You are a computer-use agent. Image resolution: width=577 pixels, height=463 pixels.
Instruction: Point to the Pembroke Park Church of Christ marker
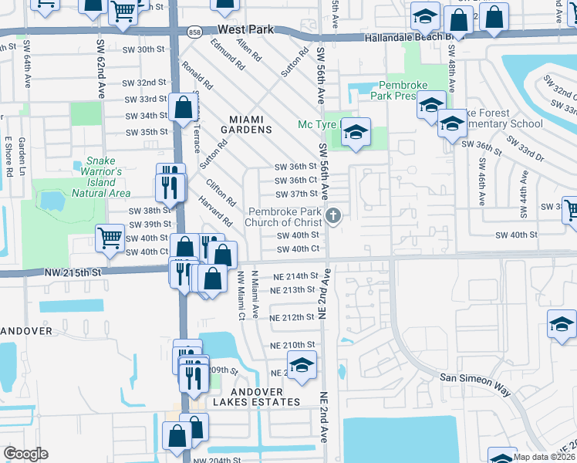[333, 216]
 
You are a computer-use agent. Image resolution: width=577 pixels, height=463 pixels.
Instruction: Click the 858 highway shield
[195, 31]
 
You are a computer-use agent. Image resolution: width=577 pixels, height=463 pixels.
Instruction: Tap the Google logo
[25, 453]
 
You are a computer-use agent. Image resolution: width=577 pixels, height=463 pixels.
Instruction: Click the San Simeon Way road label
[474, 384]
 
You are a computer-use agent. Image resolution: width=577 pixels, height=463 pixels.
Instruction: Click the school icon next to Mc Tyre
[356, 133]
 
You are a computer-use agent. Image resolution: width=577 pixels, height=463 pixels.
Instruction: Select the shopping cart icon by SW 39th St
[110, 238]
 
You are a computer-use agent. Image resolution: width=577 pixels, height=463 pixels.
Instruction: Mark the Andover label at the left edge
[26, 330]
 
